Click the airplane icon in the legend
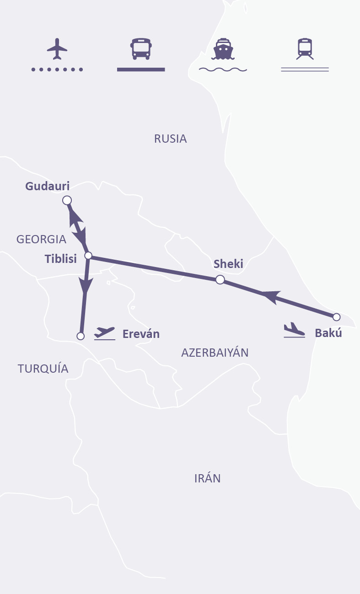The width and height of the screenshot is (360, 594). tap(57, 49)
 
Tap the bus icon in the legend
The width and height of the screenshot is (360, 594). tap(141, 48)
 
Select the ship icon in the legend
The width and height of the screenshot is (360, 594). tap(222, 49)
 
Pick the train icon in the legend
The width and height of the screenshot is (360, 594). tap(305, 48)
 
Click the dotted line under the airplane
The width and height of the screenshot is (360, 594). tap(57, 70)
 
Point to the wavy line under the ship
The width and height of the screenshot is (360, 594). tap(223, 70)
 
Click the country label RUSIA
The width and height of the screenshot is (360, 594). tap(171, 139)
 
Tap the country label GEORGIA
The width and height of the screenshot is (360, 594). tap(41, 239)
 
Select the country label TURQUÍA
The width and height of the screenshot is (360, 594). tap(43, 369)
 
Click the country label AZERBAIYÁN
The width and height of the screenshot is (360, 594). tap(215, 353)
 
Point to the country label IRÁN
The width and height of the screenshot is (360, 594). tap(207, 478)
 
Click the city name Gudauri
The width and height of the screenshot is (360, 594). tap(48, 186)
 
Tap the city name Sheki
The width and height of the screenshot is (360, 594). tap(228, 263)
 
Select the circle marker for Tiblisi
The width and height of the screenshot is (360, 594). tap(88, 256)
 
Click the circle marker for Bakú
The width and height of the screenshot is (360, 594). tap(337, 317)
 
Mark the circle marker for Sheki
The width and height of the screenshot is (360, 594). tap(220, 279)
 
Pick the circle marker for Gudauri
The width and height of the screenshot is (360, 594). tap(67, 200)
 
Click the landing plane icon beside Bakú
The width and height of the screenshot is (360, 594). tap(294, 330)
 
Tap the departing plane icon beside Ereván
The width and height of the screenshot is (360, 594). tap(104, 333)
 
